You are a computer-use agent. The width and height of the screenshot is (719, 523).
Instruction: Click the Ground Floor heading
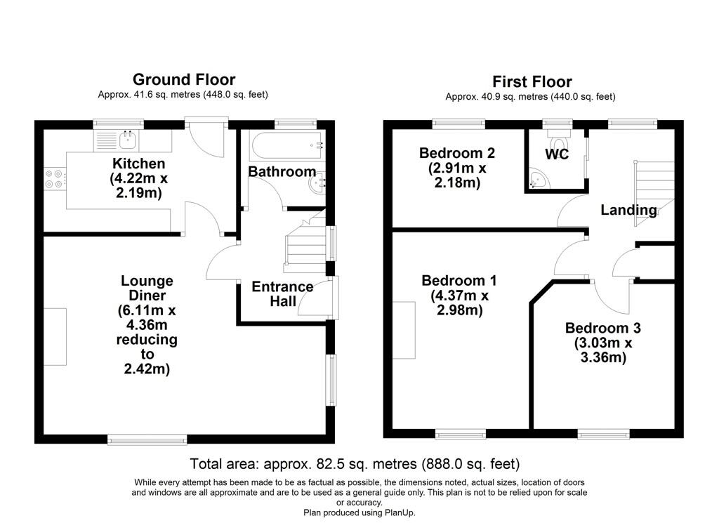(184, 79)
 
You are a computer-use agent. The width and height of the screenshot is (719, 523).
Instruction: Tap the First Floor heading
(532, 81)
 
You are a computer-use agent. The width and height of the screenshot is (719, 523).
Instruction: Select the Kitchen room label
(138, 163)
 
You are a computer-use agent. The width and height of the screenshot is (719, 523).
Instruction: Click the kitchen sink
(128, 140)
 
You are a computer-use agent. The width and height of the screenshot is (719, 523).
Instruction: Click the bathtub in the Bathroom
(287, 145)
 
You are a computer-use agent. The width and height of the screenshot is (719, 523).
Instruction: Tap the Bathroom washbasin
(317, 183)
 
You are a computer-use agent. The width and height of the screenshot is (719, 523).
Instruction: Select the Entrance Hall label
(282, 294)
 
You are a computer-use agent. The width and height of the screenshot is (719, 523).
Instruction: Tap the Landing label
(628, 210)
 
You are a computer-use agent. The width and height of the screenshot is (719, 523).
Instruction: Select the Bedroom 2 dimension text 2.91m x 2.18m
(457, 176)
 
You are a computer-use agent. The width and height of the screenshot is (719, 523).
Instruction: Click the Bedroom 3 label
(602, 328)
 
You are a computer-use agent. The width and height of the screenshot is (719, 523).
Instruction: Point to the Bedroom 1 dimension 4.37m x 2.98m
(459, 303)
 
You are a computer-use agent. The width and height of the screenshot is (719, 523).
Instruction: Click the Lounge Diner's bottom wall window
(147, 439)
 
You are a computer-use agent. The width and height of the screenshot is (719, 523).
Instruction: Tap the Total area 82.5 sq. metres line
(355, 464)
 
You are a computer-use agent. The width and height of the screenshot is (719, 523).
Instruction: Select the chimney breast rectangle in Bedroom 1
(404, 329)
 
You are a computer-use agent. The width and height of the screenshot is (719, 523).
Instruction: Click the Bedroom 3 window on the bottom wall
(603, 434)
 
